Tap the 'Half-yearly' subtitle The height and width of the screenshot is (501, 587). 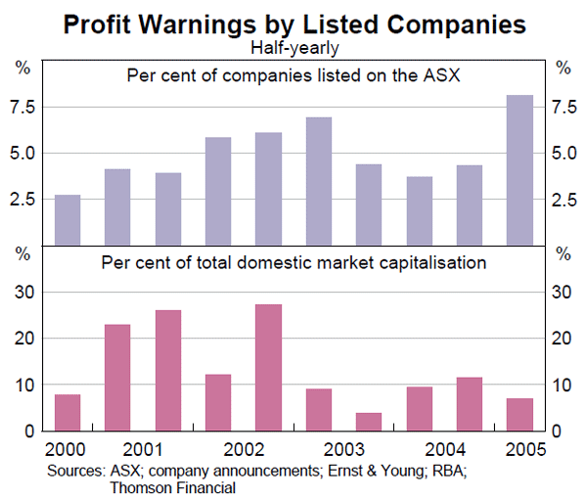click(293, 46)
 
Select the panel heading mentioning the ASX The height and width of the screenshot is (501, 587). click(293, 75)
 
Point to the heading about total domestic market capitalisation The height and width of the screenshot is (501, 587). click(293, 262)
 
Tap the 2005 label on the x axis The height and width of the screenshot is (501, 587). click(519, 452)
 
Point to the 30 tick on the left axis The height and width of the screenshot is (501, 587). click(25, 293)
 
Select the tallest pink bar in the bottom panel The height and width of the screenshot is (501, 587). click(268, 367)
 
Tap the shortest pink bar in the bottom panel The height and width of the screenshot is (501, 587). click(369, 422)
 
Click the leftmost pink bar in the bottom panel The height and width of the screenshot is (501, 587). click(68, 412)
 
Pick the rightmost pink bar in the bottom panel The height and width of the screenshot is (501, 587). click(519, 414)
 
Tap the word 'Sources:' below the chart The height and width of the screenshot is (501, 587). click(75, 471)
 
